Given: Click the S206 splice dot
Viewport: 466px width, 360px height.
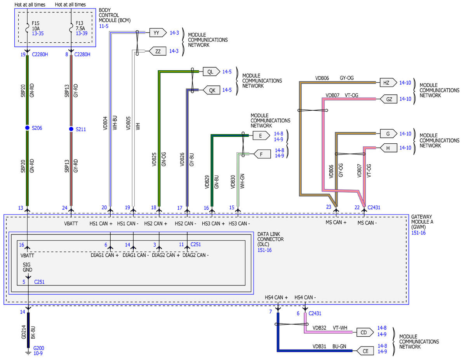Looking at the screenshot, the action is coord(27,128).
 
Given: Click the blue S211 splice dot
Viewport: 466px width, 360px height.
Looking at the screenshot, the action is coord(71,129).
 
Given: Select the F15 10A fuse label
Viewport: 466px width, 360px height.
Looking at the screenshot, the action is coord(36,26).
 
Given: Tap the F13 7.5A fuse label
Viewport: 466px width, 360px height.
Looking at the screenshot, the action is coord(80,26).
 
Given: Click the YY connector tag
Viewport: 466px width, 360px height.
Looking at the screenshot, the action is coord(158,33).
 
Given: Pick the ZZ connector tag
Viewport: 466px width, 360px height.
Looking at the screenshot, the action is coord(157,51).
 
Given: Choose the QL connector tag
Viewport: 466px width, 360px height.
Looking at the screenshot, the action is coord(212,71).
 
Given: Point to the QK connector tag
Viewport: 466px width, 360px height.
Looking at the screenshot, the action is coord(211,90).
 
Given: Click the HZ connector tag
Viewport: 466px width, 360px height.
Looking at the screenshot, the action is coord(388,83).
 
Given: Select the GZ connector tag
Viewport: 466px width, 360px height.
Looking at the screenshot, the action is coord(388,99).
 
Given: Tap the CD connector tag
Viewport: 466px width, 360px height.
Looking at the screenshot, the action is coord(365,332).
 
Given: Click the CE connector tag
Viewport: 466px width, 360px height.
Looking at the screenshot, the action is coord(365,351).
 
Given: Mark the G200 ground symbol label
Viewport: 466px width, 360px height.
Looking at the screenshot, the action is coord(38,348).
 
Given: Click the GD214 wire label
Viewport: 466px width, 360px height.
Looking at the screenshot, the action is coord(24,332).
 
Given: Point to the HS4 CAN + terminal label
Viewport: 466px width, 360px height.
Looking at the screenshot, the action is coord(276,297).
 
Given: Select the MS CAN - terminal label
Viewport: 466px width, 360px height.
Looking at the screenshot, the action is coord(367,223).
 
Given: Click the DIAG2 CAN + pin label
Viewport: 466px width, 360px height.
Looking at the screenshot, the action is coord(165,255).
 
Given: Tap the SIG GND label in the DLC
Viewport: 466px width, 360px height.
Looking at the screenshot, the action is coord(28,267).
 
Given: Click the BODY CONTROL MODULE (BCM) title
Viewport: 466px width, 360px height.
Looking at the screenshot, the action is coord(115,15).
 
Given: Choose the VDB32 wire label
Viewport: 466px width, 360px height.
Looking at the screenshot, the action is coord(319,328).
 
